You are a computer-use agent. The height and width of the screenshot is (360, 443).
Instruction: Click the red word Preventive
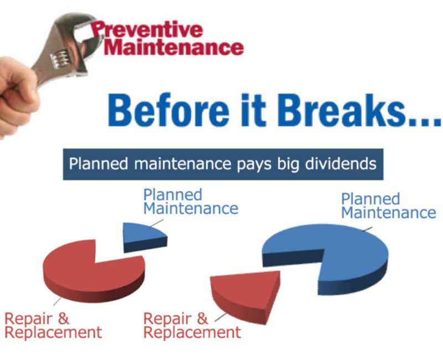point(147,29)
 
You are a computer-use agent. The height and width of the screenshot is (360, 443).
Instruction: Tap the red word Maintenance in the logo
point(174,47)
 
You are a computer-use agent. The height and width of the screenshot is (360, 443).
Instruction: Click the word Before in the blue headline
point(169,110)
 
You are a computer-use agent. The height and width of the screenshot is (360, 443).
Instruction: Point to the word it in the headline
point(254,110)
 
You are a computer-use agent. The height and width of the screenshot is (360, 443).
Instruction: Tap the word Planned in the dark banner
point(99,163)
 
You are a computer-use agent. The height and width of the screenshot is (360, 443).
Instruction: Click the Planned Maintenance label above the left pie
point(190,202)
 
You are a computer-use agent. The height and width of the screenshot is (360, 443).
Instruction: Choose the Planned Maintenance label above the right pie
point(389,205)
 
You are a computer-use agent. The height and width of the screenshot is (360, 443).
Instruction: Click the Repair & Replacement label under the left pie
point(53,325)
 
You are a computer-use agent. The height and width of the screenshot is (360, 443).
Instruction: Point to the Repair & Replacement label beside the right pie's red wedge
point(192,325)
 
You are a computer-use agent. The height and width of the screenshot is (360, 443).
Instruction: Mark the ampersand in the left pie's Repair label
point(64,318)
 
